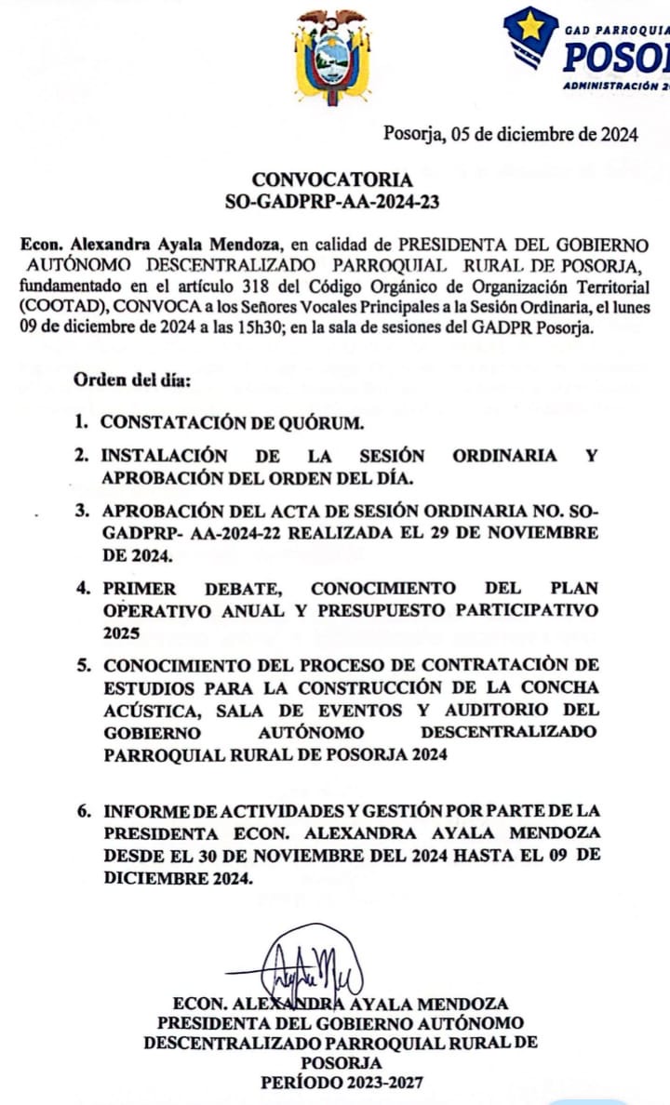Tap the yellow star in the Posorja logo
tap(531, 26)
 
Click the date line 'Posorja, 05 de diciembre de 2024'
tap(511, 134)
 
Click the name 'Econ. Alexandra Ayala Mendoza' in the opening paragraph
tap(150, 245)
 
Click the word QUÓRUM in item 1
tap(313, 421)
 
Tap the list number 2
tap(84, 456)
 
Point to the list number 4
tap(84, 589)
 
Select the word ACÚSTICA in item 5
tap(141, 712)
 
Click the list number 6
tap(84, 810)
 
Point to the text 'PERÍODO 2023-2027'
tap(340, 1083)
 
